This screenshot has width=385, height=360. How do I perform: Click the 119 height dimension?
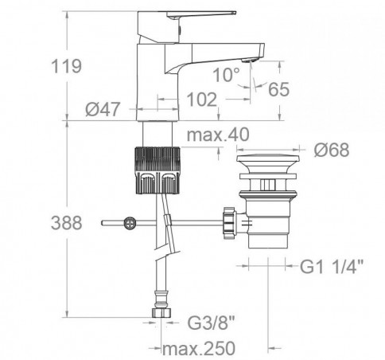pyautogui.click(x=66, y=66)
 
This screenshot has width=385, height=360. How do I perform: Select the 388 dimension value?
pyautogui.click(x=66, y=223)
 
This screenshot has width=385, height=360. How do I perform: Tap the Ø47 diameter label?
pyautogui.click(x=103, y=109)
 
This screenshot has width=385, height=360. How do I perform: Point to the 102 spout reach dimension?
pyautogui.click(x=202, y=100)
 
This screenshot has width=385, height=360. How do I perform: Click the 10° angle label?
pyautogui.click(x=226, y=75)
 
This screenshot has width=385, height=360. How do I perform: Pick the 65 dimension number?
pyautogui.click(x=278, y=89)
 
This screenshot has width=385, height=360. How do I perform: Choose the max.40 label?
pyautogui.click(x=218, y=135)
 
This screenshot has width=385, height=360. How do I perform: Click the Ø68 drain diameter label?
pyautogui.click(x=332, y=150)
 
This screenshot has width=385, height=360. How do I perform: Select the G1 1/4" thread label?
pyautogui.click(x=331, y=266)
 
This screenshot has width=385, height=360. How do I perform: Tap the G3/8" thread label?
pyautogui.click(x=212, y=323)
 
